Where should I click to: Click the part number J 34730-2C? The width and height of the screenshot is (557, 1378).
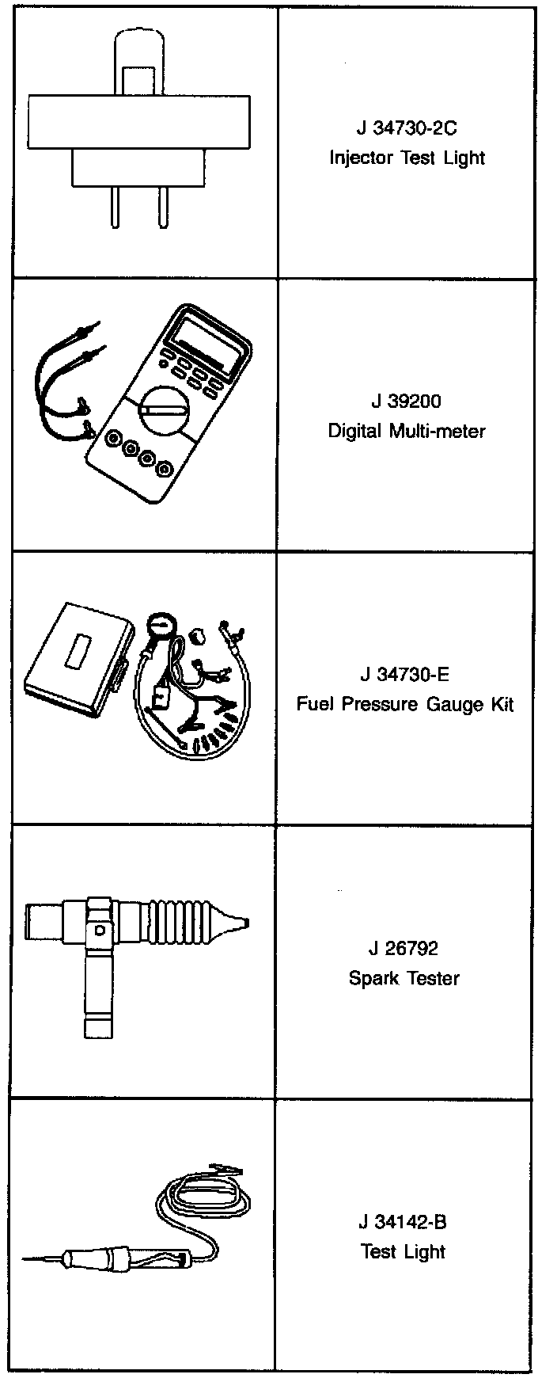pos(407,128)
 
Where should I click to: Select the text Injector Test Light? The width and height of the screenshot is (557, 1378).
pos(407,158)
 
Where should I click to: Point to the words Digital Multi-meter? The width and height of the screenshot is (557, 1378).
pos(406,432)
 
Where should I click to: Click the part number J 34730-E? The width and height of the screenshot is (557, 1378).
pos(404,675)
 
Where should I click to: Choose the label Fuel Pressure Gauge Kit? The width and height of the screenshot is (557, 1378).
pos(404,704)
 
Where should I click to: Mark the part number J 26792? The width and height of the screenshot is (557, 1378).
pos(404,948)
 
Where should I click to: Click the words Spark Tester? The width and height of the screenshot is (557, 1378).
pos(404,978)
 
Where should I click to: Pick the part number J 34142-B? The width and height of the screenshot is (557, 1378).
pos(403,1222)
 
